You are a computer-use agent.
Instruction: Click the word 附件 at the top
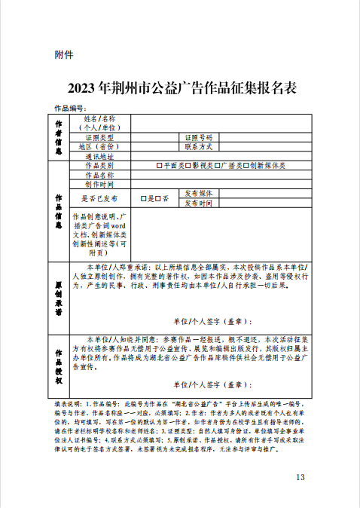click(x=63, y=54)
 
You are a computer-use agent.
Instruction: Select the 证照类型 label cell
click(x=100, y=138)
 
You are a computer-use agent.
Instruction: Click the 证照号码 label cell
click(x=199, y=138)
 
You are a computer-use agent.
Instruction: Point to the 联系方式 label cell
click(x=199, y=147)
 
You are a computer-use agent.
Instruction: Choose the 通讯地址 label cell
click(x=100, y=156)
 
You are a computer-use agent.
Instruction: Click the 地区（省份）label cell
click(x=100, y=147)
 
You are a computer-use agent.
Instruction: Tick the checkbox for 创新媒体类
click(x=246, y=165)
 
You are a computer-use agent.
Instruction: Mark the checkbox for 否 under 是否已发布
click(x=157, y=198)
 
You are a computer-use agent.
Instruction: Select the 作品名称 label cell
click(x=100, y=174)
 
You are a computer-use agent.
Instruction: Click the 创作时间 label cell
click(x=100, y=183)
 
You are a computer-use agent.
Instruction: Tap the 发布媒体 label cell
click(x=199, y=193)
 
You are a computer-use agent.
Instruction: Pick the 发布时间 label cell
click(x=199, y=203)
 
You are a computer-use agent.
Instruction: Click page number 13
click(x=301, y=477)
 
